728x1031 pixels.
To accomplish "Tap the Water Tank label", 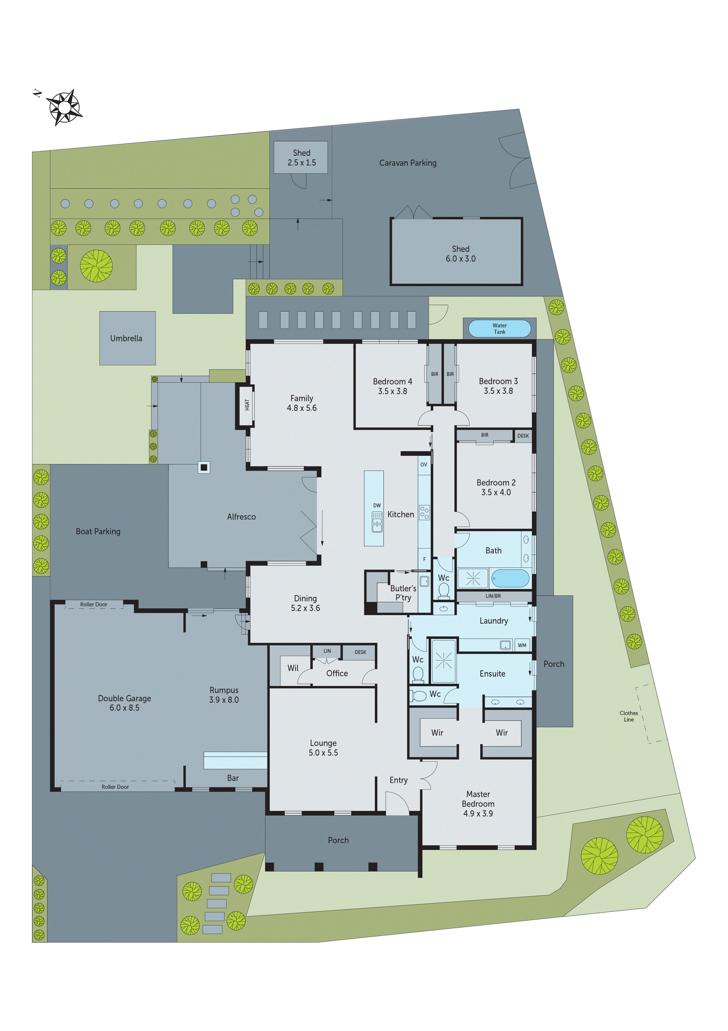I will click(x=499, y=329).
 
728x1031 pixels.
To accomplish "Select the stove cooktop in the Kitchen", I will click(x=424, y=512).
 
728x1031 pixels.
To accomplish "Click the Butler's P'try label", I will click(x=403, y=593).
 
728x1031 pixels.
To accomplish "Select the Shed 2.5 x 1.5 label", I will click(x=301, y=158).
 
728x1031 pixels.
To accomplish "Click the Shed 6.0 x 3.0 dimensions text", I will click(x=460, y=259).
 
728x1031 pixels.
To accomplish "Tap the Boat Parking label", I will click(x=98, y=532).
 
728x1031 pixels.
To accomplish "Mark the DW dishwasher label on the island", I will click(x=377, y=506).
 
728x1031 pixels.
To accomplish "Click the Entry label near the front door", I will click(x=398, y=780).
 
